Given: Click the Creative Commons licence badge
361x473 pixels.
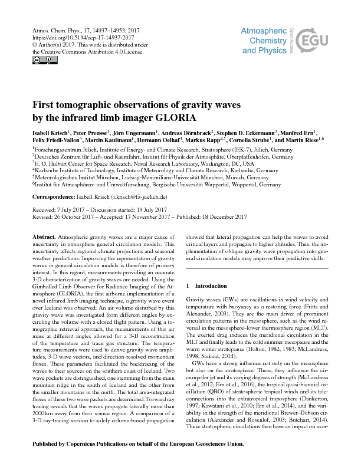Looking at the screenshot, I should [x=37, y=60].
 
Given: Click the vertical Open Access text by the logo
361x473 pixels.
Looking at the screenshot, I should [x=290, y=35].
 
